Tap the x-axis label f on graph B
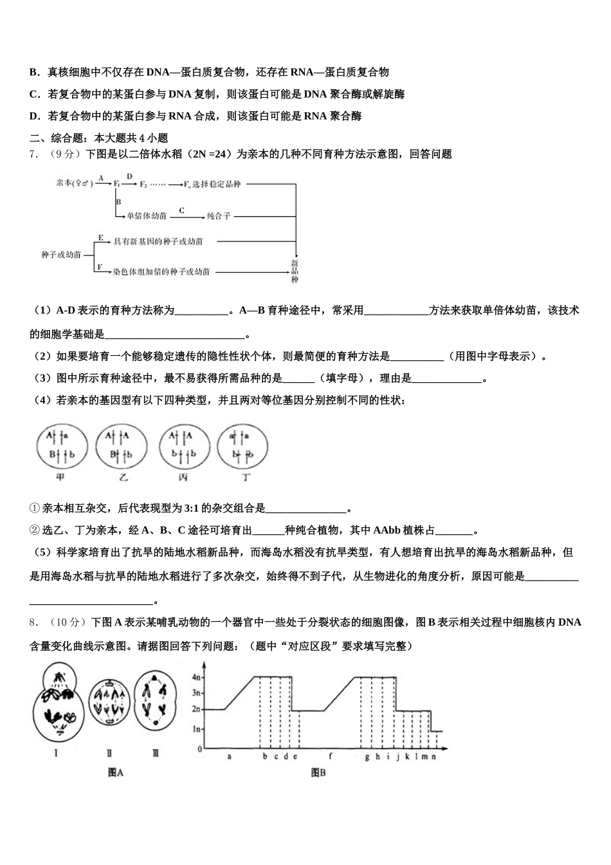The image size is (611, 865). (x=331, y=757)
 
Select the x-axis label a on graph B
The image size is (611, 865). (x=230, y=757)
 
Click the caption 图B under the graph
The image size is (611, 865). (x=318, y=773)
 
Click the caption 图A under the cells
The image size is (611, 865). (x=116, y=773)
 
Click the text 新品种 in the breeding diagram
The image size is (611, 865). (x=295, y=271)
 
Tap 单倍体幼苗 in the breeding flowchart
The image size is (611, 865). (x=147, y=216)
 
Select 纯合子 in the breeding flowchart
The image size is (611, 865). (x=219, y=216)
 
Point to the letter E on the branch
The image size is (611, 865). (x=101, y=237)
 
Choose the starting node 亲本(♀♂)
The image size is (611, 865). (x=75, y=184)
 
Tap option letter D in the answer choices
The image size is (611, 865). (x=35, y=116)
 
